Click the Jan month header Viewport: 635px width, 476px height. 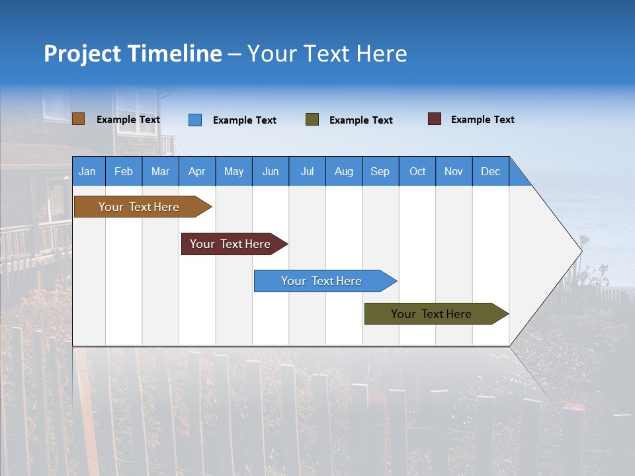click(88, 171)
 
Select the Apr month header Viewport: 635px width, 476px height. click(197, 171)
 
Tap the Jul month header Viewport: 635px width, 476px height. click(307, 171)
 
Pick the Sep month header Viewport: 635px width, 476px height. click(380, 171)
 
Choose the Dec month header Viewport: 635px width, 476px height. click(490, 171)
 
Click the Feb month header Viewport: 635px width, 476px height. click(124, 171)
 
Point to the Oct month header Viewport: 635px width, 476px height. click(417, 171)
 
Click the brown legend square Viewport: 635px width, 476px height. click(78, 119)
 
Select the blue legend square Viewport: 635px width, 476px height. click(195, 120)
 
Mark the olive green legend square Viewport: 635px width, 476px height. click(312, 120)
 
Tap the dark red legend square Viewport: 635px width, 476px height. click(435, 119)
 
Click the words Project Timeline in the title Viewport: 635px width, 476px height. click(133, 54)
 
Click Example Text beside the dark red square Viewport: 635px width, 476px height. click(482, 120)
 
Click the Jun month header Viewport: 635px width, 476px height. click(271, 171)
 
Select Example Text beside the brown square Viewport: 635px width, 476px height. click(128, 120)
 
